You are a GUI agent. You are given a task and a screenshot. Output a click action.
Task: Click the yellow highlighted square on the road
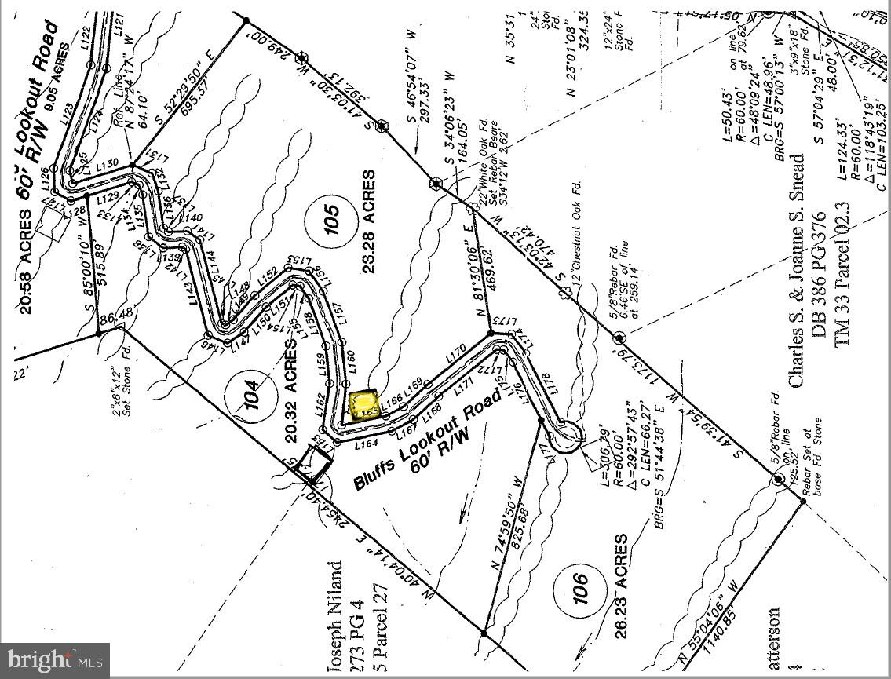(364, 407)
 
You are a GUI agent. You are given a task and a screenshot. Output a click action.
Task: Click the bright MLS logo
(54, 660)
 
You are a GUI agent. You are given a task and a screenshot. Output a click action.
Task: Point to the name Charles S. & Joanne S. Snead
(796, 269)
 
